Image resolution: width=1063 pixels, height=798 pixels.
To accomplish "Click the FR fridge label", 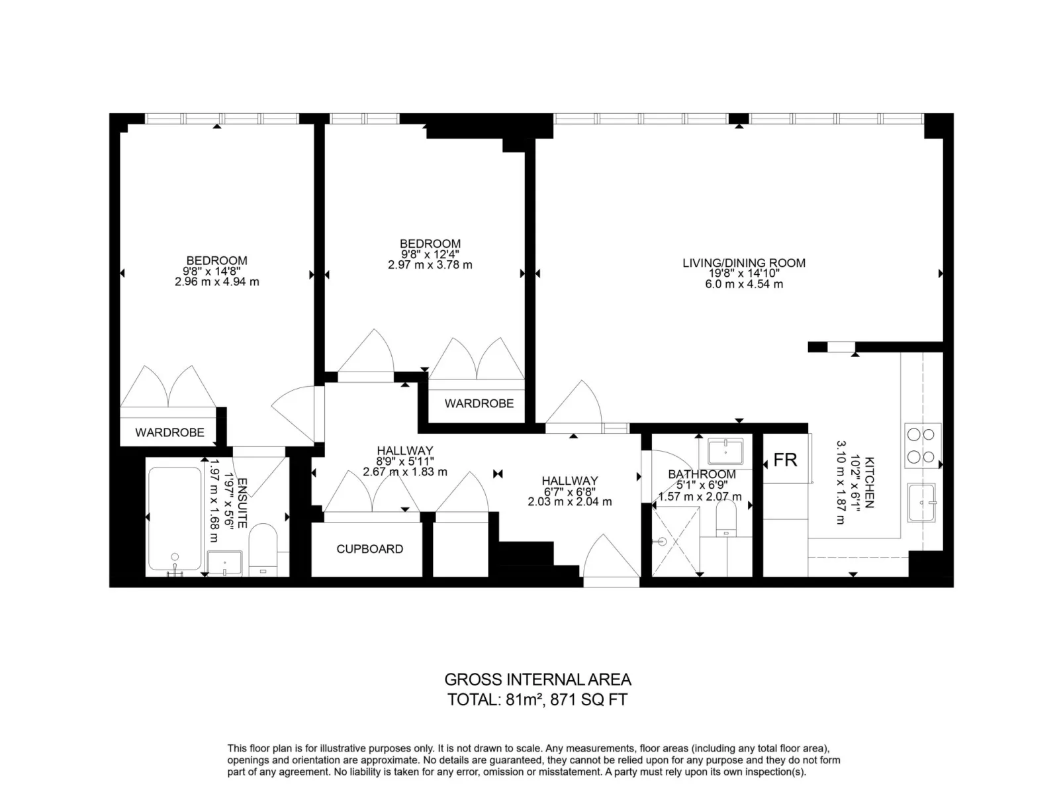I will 785,460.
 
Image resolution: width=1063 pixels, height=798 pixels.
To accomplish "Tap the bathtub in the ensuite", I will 175,518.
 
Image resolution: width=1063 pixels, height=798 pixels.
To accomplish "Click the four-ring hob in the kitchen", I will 921,446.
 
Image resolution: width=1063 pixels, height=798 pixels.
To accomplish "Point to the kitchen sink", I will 921,503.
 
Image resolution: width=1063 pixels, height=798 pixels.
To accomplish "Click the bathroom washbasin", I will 725,452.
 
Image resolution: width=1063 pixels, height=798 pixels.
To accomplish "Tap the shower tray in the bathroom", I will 676,540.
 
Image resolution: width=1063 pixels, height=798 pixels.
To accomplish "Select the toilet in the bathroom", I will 726,518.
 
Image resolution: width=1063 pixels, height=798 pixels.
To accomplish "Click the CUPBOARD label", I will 369,549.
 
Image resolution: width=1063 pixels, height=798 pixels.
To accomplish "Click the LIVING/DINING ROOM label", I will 744,263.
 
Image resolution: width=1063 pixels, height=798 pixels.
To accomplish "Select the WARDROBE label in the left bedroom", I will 169,432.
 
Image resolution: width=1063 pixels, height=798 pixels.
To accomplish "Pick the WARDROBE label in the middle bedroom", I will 479,403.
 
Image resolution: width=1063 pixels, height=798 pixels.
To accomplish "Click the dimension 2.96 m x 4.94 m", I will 216,282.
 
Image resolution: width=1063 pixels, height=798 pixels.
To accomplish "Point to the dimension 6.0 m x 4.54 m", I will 744,284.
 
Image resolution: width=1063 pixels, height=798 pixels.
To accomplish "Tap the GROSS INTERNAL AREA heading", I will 537,679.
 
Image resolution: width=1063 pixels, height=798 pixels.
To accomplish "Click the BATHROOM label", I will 702,474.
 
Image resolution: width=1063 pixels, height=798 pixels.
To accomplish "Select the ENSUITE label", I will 242,503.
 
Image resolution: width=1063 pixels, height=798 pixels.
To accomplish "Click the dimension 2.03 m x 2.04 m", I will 569,502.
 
